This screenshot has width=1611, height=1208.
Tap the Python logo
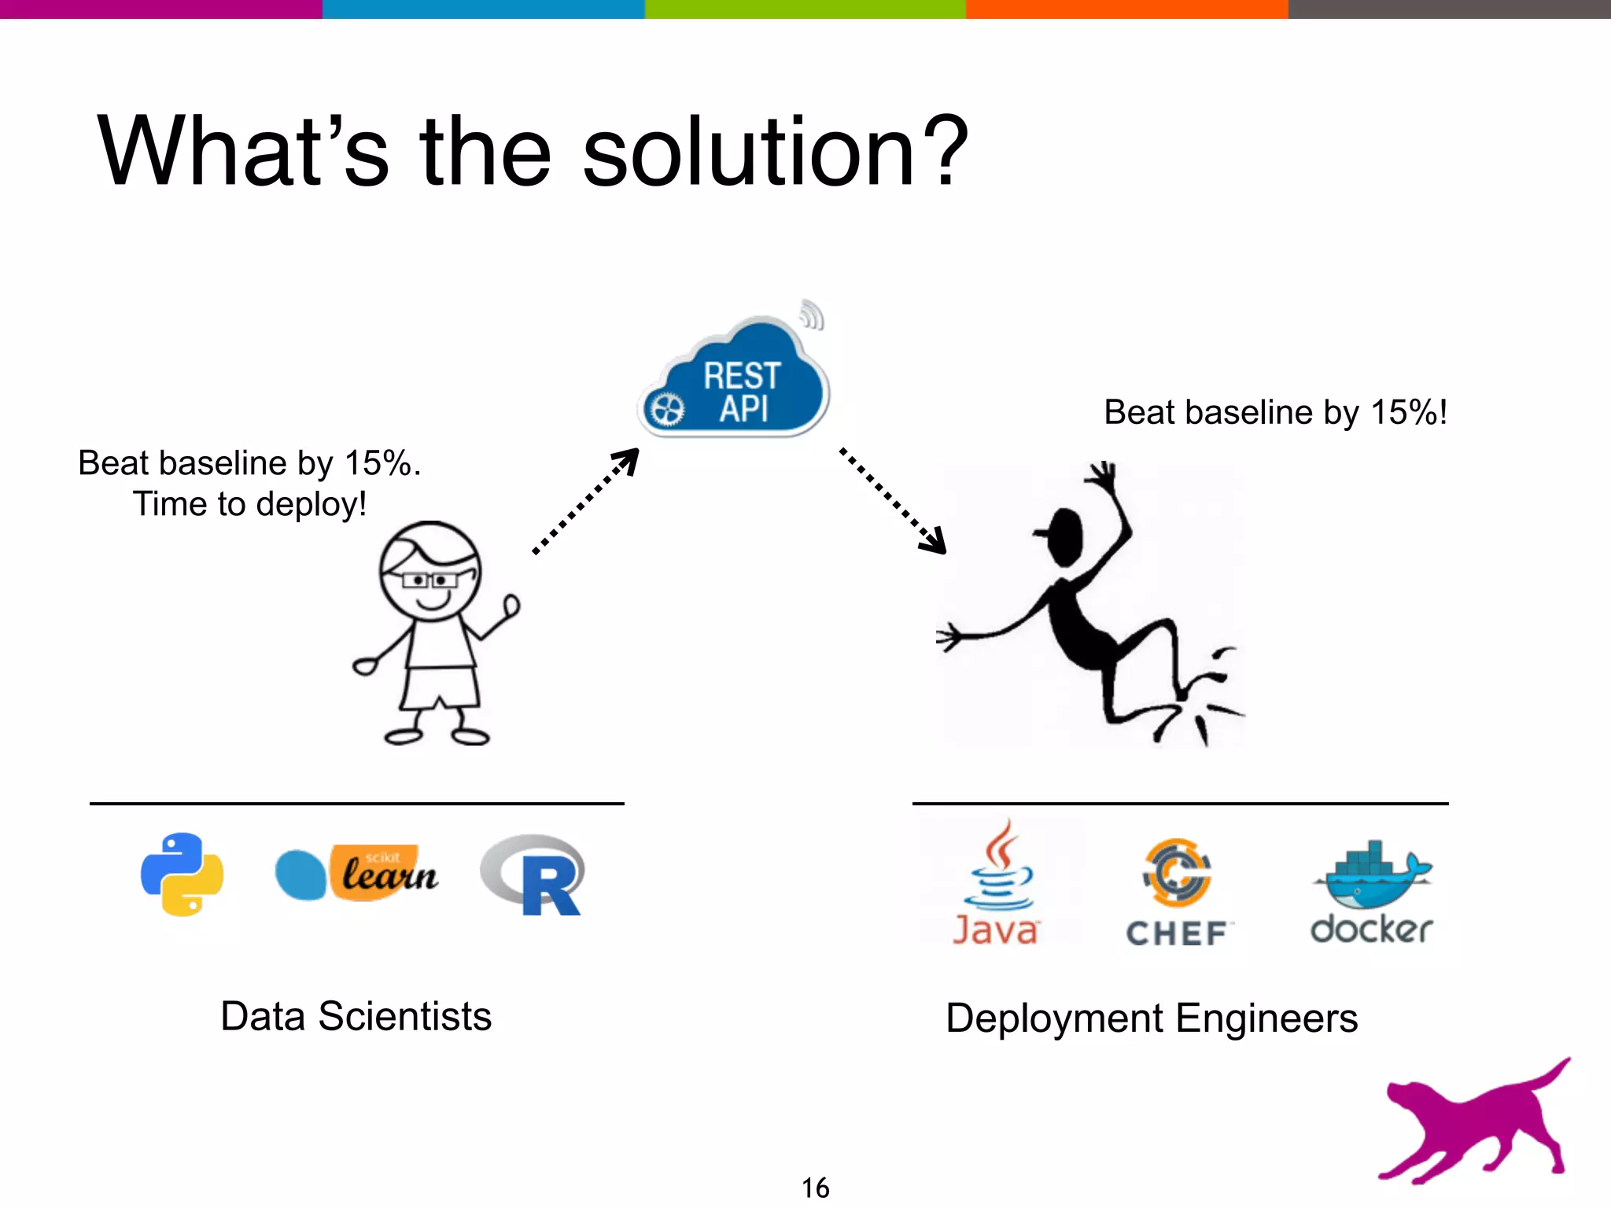[x=182, y=875]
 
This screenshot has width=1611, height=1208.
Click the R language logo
[x=535, y=875]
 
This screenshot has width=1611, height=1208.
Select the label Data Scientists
[x=356, y=1016]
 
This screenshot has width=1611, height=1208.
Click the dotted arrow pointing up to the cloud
[x=586, y=502]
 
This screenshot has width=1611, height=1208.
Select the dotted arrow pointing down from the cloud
[x=893, y=500]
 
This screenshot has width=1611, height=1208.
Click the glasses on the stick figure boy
[x=429, y=580]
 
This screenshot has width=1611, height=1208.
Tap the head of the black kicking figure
[x=1065, y=536]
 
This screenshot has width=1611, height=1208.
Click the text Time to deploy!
[x=249, y=504]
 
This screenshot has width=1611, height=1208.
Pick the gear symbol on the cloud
[x=667, y=410]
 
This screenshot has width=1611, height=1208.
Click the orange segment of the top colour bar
[x=1126, y=9]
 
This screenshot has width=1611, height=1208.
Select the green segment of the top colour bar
[x=805, y=9]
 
